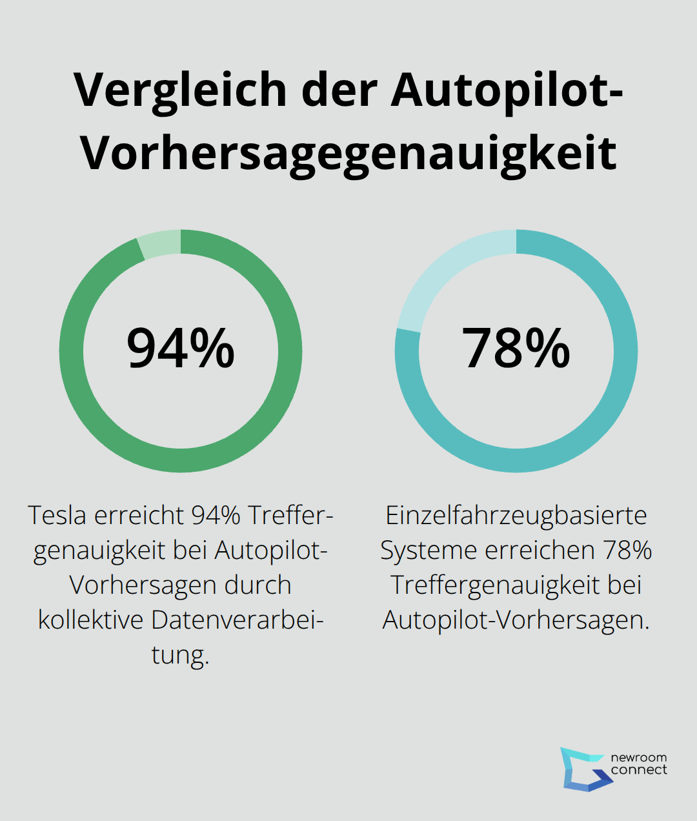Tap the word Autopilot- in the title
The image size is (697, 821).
(507, 91)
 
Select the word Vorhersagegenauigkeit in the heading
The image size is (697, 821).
(348, 154)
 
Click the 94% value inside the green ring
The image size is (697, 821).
(181, 349)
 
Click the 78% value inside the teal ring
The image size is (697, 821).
(516, 349)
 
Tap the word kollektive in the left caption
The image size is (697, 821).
(90, 620)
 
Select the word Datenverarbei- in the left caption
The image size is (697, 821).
(237, 620)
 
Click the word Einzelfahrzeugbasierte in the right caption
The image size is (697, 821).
(516, 515)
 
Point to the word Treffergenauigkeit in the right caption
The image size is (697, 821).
(497, 585)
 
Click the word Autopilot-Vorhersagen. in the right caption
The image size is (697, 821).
(516, 620)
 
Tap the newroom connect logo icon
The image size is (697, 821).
(584, 769)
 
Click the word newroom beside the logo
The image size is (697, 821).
(638, 758)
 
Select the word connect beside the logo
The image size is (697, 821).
(638, 770)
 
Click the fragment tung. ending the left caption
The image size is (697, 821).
(181, 654)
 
